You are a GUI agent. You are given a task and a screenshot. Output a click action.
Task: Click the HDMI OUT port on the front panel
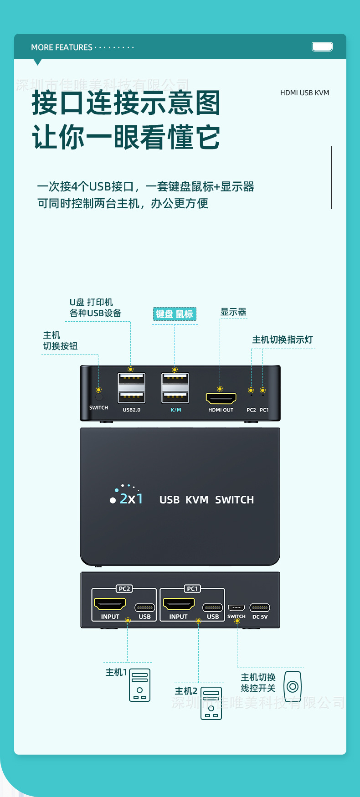(221, 398)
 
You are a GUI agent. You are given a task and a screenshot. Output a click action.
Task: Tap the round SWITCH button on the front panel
(98, 397)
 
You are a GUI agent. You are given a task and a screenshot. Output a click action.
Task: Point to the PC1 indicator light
(263, 395)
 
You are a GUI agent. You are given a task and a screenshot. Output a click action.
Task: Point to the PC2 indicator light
(251, 395)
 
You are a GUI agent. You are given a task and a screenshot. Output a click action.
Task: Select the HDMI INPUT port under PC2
(110, 604)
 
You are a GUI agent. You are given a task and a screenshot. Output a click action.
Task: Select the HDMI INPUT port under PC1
(179, 604)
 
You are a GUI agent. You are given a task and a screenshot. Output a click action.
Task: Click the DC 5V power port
(260, 607)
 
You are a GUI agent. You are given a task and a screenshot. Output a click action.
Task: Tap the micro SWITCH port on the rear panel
(236, 607)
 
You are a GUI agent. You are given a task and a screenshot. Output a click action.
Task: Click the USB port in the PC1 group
(212, 607)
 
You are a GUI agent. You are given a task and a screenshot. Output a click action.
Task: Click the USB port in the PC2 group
(144, 607)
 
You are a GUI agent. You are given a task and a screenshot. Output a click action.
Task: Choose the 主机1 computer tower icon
(139, 685)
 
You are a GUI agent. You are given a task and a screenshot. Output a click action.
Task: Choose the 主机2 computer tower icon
(211, 703)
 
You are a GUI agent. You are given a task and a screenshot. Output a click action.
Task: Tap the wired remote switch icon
(293, 686)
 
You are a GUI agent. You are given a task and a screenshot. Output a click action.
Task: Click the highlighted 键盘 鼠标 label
(175, 314)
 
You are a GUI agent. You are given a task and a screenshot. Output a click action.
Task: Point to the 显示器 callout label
(233, 312)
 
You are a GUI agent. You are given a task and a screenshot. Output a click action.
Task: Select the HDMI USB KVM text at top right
(304, 93)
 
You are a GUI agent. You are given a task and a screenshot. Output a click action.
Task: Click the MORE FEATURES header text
(62, 47)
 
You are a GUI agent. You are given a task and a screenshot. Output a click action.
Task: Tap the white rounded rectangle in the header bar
(322, 46)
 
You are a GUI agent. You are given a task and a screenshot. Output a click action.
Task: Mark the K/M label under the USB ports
(176, 410)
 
